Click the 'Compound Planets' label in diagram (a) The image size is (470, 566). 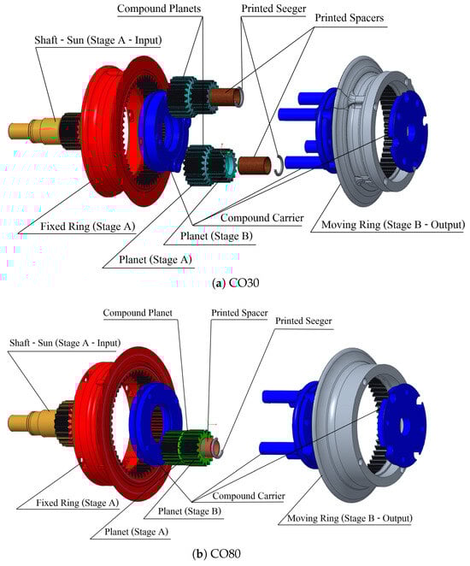pyautogui.click(x=159, y=9)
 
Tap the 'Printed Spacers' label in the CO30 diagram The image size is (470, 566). pyautogui.click(x=350, y=18)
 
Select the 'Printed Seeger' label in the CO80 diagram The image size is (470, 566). pyautogui.click(x=303, y=321)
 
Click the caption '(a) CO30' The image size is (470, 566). pyautogui.click(x=236, y=283)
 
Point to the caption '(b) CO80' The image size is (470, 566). pyautogui.click(x=216, y=553)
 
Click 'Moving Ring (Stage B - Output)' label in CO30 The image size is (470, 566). pyautogui.click(x=393, y=225)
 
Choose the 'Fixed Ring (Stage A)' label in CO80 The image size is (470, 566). pyautogui.click(x=77, y=503)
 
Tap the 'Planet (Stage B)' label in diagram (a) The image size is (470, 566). pyautogui.click(x=216, y=236)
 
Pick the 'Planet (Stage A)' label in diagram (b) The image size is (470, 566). pyautogui.click(x=137, y=531)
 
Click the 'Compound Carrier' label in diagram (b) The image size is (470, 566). pyautogui.click(x=249, y=496)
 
